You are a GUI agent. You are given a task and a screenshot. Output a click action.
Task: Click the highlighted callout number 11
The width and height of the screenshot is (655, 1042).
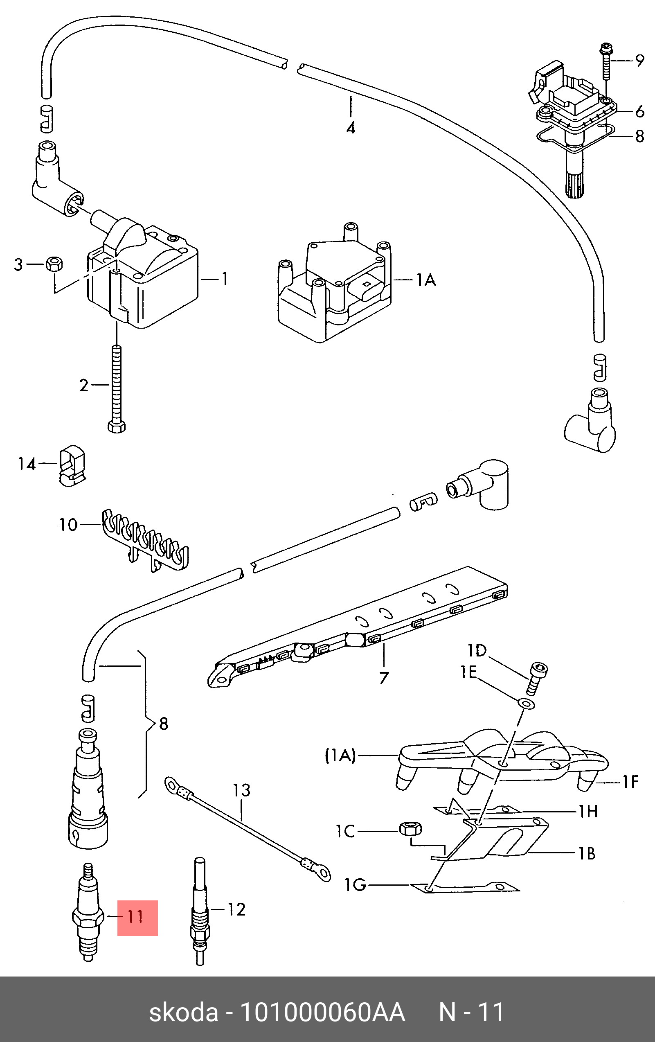(x=135, y=917)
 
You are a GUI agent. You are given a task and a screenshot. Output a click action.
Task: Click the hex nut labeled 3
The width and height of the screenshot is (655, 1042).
(x=54, y=264)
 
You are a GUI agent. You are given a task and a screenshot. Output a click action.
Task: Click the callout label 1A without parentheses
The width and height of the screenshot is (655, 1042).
(x=426, y=280)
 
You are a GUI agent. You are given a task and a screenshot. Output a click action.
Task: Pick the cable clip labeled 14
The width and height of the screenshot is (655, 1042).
(x=72, y=465)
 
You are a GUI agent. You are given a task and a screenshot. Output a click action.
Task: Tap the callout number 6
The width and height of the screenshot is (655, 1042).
(x=639, y=112)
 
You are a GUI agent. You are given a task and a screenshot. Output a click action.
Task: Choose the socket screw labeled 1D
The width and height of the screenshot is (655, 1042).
(x=537, y=679)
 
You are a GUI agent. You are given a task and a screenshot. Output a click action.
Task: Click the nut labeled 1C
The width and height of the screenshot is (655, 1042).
(x=410, y=829)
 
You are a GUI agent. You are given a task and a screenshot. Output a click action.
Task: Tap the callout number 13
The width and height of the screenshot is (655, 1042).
(x=241, y=791)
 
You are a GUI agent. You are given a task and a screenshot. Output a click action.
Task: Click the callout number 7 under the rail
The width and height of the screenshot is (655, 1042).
(x=384, y=678)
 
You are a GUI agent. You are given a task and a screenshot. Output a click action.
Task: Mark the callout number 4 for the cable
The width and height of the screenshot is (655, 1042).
(x=351, y=128)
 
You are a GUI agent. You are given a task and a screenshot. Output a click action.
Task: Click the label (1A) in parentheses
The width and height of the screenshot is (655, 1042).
(x=340, y=756)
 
